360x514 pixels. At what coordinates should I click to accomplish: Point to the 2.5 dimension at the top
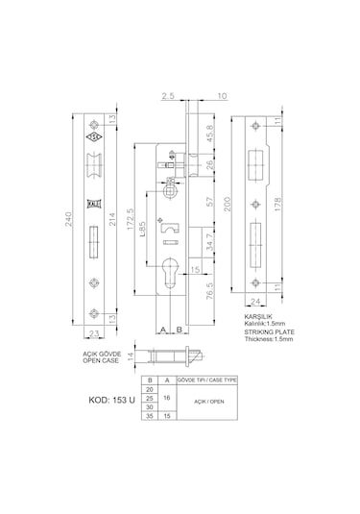167,96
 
